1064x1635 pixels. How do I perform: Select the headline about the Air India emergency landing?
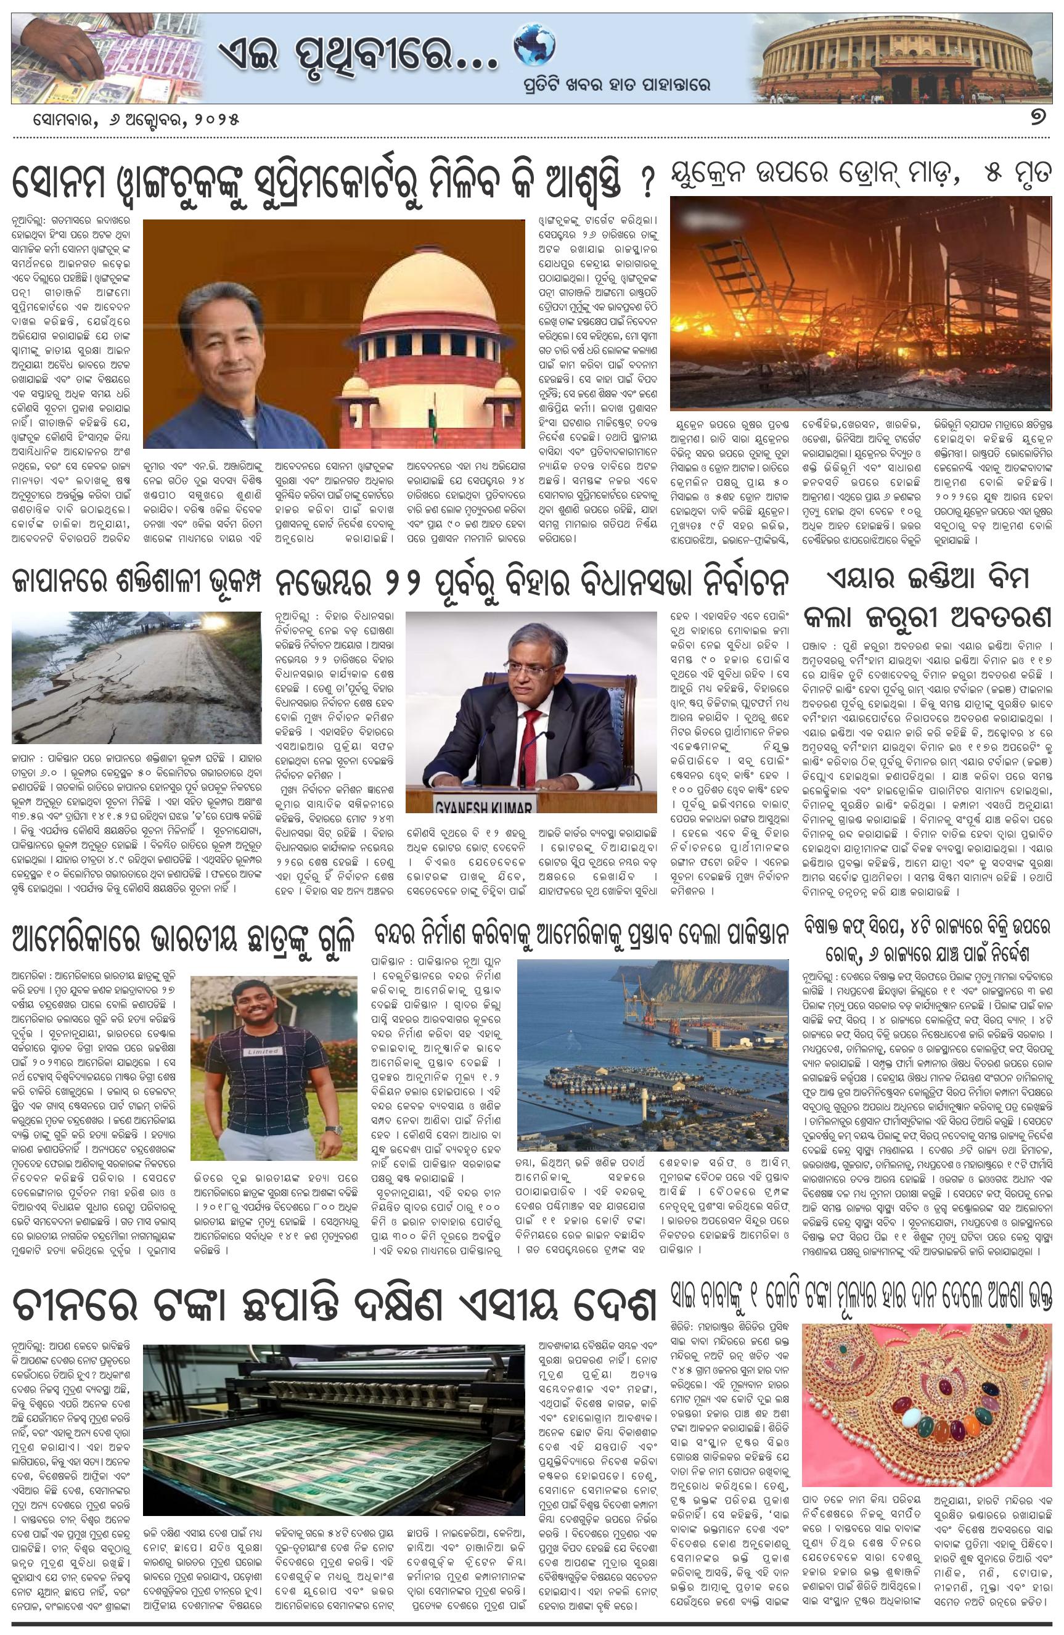click(928, 597)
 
